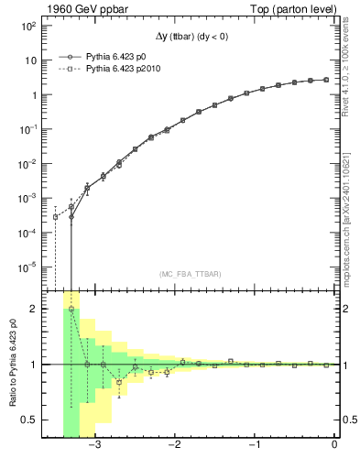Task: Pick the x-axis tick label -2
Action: click(x=174, y=446)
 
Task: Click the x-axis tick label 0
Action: click(x=334, y=446)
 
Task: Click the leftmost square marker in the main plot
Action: click(x=55, y=217)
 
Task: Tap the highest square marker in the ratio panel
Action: click(x=71, y=310)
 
